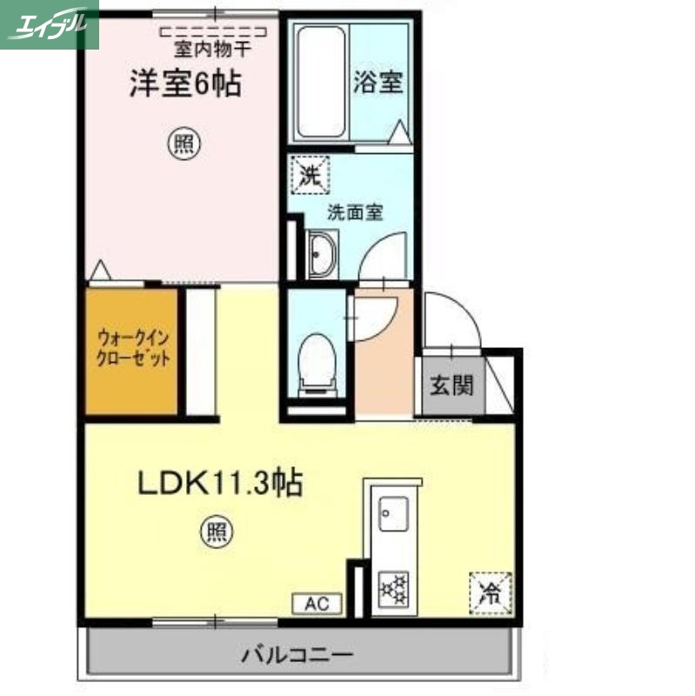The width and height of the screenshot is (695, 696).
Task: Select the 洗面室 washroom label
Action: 355,211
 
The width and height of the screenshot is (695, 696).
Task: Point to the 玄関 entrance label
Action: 451,384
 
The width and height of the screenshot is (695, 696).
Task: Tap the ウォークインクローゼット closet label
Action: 133,348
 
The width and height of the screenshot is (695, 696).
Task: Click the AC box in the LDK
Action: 316,604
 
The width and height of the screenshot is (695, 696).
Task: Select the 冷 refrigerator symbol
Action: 490,593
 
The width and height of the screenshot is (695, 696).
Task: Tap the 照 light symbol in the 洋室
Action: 182,144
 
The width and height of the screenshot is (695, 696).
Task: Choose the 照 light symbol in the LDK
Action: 217,531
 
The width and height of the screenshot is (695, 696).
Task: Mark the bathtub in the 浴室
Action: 320,83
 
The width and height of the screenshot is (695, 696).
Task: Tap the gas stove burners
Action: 394,588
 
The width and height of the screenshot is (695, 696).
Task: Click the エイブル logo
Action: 49,23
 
